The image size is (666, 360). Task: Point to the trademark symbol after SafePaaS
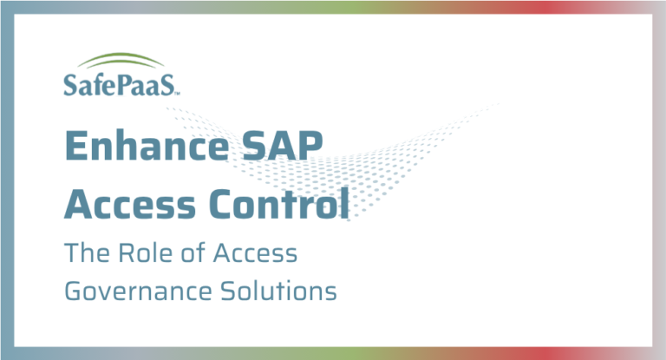pyautogui.click(x=179, y=90)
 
